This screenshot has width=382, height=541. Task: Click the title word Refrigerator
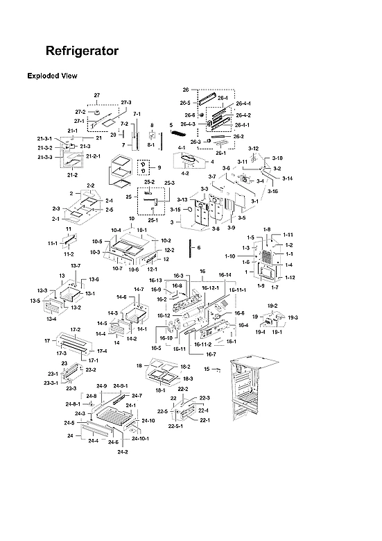coord(82,51)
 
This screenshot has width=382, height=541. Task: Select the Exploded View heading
coord(52,76)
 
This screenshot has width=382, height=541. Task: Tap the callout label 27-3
coord(126,102)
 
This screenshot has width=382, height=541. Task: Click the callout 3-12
coord(254,149)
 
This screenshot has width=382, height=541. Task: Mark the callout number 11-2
coord(69,255)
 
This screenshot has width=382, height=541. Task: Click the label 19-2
coord(272,306)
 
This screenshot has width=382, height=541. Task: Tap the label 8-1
coord(153,145)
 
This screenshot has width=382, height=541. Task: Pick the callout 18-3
coord(187,378)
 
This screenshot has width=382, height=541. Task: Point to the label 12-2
coord(168,250)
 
